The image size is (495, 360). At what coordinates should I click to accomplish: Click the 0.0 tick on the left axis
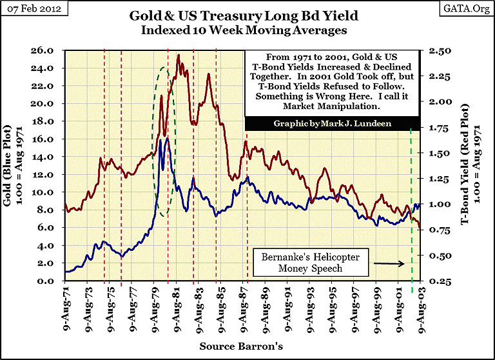pos(52,281)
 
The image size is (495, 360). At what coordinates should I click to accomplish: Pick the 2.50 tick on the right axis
pos(435,50)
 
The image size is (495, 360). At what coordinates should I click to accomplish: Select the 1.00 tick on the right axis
pos(435,204)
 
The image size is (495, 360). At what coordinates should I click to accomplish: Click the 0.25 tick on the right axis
pos(435,281)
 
